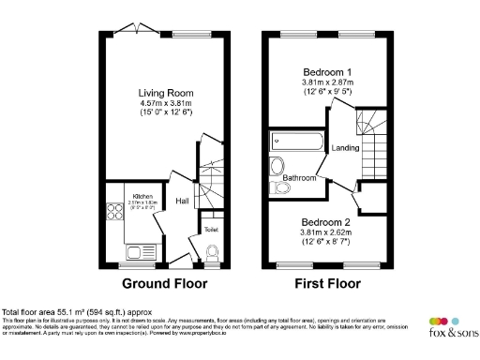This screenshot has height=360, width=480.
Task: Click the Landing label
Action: (346, 148)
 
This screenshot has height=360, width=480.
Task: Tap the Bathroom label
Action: (300, 177)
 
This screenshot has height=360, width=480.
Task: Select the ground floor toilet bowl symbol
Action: (211, 252)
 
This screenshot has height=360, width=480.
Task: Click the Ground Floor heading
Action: (163, 283)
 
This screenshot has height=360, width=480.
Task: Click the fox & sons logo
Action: (449, 326)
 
